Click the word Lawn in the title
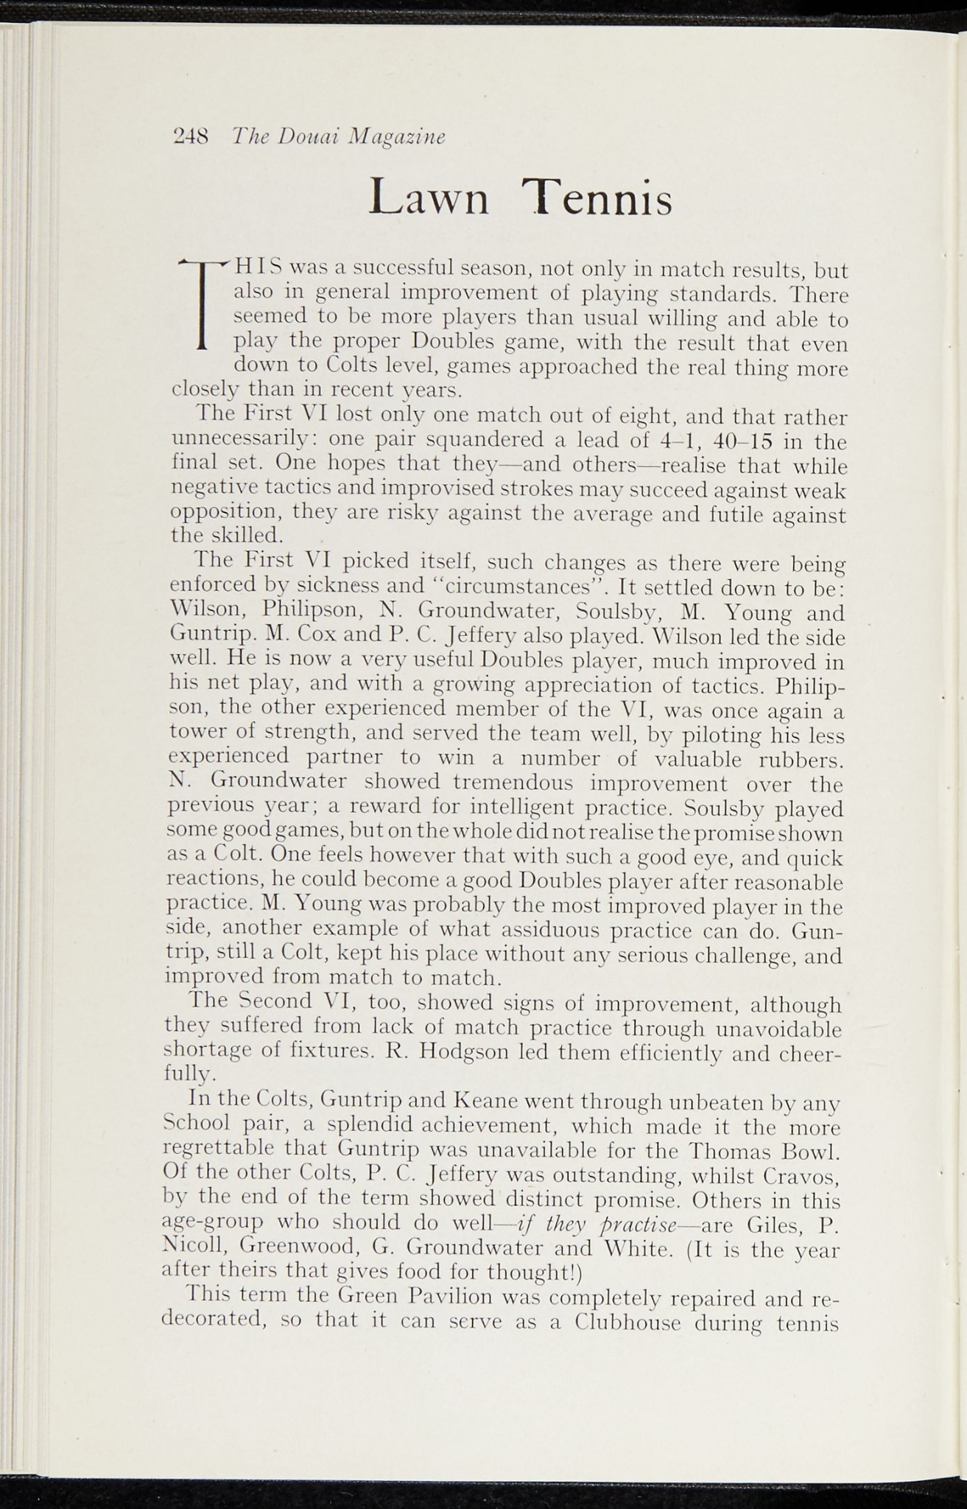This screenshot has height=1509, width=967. click(429, 199)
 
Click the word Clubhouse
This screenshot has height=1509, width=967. click(628, 1320)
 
